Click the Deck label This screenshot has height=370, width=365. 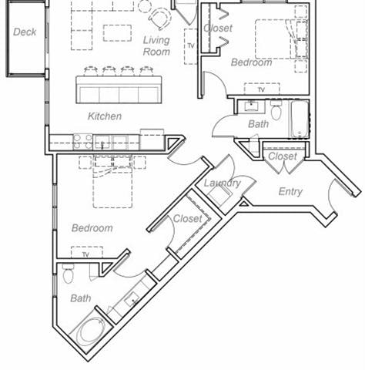(x=25, y=32)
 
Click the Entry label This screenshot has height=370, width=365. (x=290, y=191)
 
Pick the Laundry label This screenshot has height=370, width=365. (x=222, y=183)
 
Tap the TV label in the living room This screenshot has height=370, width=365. (x=189, y=45)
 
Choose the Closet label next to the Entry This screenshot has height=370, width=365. (x=282, y=156)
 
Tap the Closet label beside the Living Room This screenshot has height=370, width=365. (x=218, y=29)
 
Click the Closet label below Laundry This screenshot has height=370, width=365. (x=187, y=219)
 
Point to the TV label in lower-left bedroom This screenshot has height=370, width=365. (x=85, y=254)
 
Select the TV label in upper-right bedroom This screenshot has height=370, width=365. (x=261, y=90)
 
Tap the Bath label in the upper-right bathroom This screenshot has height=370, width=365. (x=258, y=124)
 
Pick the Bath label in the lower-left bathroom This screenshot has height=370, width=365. (x=80, y=298)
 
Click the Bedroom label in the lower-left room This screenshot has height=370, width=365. (x=92, y=228)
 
